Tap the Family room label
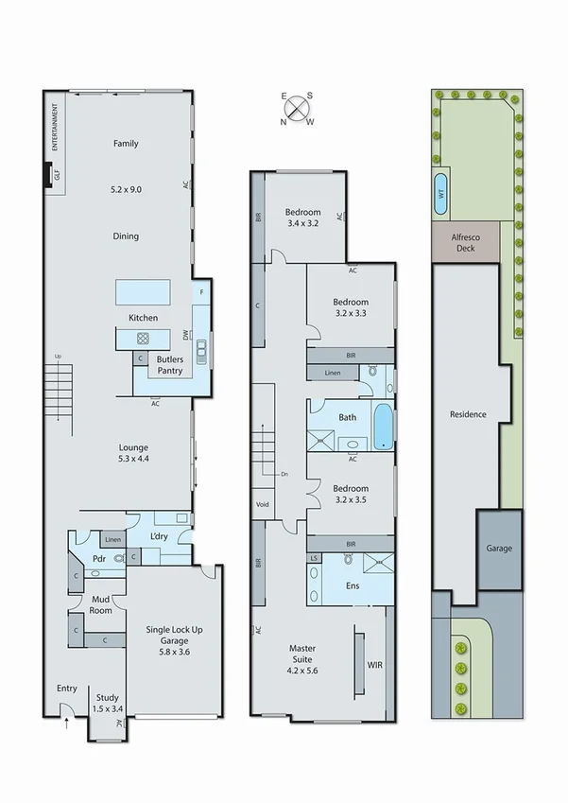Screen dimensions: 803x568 pyautogui.click(x=126, y=144)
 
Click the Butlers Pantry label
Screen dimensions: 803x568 pyautogui.click(x=170, y=365)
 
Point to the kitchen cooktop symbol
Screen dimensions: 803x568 pyautogui.click(x=143, y=338)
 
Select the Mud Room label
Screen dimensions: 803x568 pyautogui.click(x=101, y=604)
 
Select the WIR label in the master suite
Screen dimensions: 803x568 pyautogui.click(x=374, y=665)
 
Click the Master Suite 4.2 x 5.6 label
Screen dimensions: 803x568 pyautogui.click(x=301, y=655)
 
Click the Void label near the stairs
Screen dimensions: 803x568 pyautogui.click(x=262, y=504)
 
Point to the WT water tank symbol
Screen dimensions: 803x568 pyautogui.click(x=441, y=192)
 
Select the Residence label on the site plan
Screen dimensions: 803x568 pyautogui.click(x=468, y=414)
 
